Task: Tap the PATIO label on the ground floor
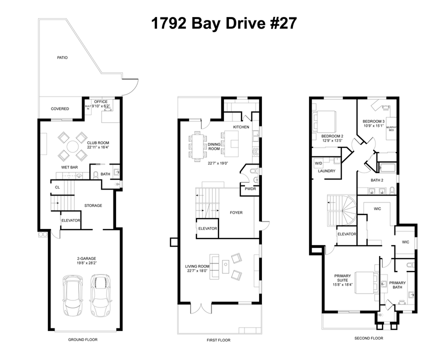coord(62,57)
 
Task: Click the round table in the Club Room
coord(73,146)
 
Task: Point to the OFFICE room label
coord(101,101)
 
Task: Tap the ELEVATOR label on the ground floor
coord(71,220)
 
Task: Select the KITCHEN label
coord(241,127)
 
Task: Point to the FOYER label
coord(236,212)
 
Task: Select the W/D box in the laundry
coord(318,163)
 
